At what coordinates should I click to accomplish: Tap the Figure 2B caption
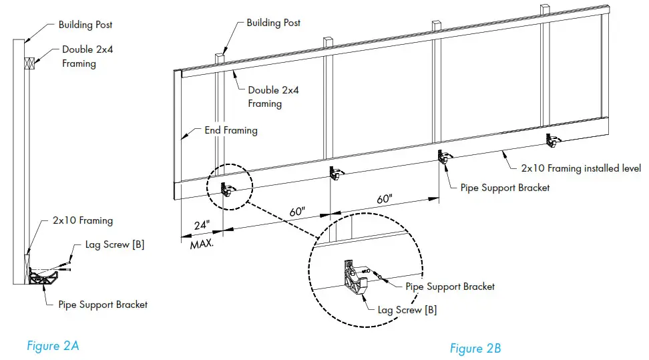475,348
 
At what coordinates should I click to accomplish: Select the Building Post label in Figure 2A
85,25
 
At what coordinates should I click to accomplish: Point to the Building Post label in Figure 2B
274,23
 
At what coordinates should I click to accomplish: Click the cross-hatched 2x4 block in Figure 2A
29,63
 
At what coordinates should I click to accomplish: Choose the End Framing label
230,130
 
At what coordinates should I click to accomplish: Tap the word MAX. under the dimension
202,244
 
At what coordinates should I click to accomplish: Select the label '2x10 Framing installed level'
580,168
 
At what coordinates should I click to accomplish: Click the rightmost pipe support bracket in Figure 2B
552,140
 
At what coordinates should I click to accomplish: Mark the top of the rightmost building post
546,8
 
